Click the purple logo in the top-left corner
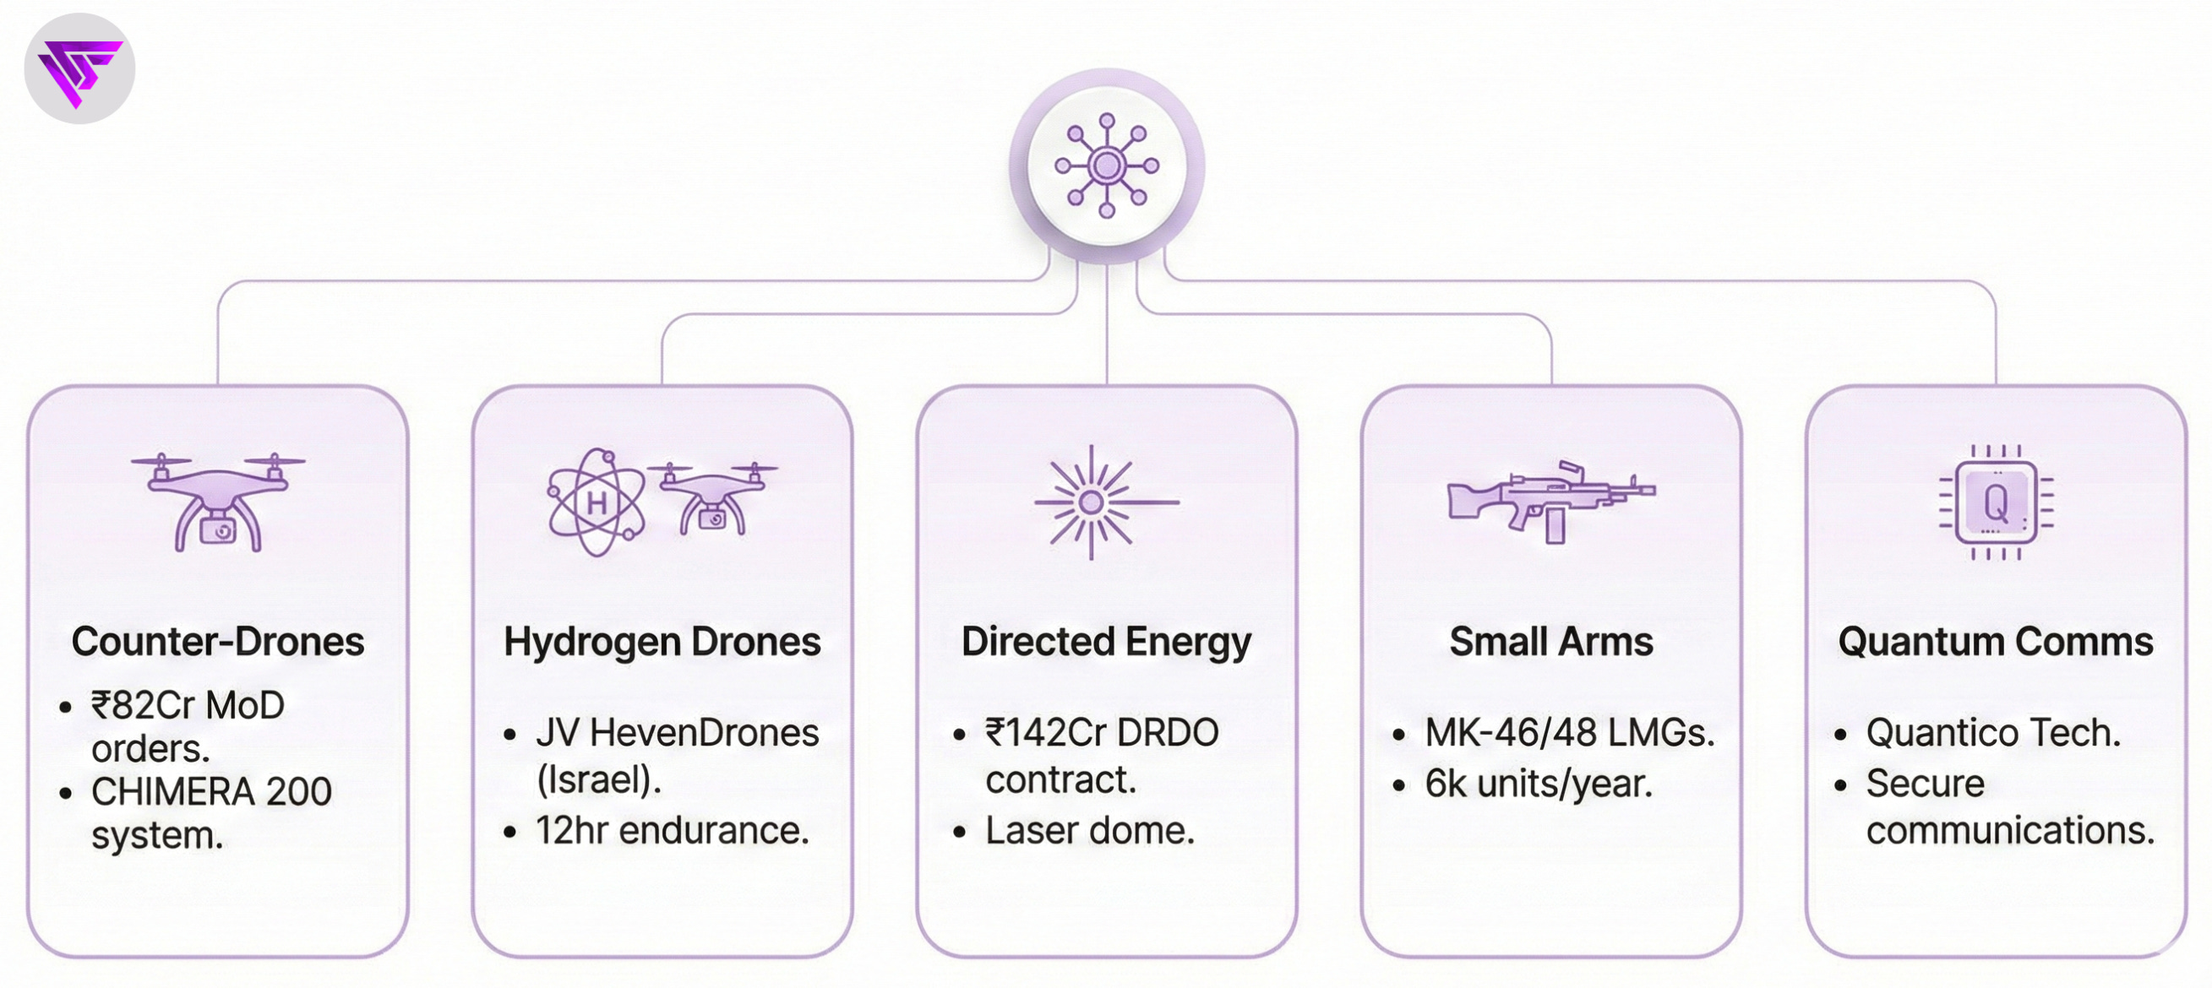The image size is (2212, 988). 79,68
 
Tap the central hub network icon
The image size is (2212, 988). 1106,166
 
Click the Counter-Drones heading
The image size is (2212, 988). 217,641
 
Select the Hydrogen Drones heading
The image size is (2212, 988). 662,641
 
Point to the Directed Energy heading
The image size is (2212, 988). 1106,641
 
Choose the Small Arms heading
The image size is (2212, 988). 1550,641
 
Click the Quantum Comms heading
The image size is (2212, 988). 1996,641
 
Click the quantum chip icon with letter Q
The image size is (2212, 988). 1996,502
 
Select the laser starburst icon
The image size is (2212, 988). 1092,502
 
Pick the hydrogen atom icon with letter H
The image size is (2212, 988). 596,502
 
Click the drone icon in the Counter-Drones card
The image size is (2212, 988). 217,502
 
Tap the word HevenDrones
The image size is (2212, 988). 705,733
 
